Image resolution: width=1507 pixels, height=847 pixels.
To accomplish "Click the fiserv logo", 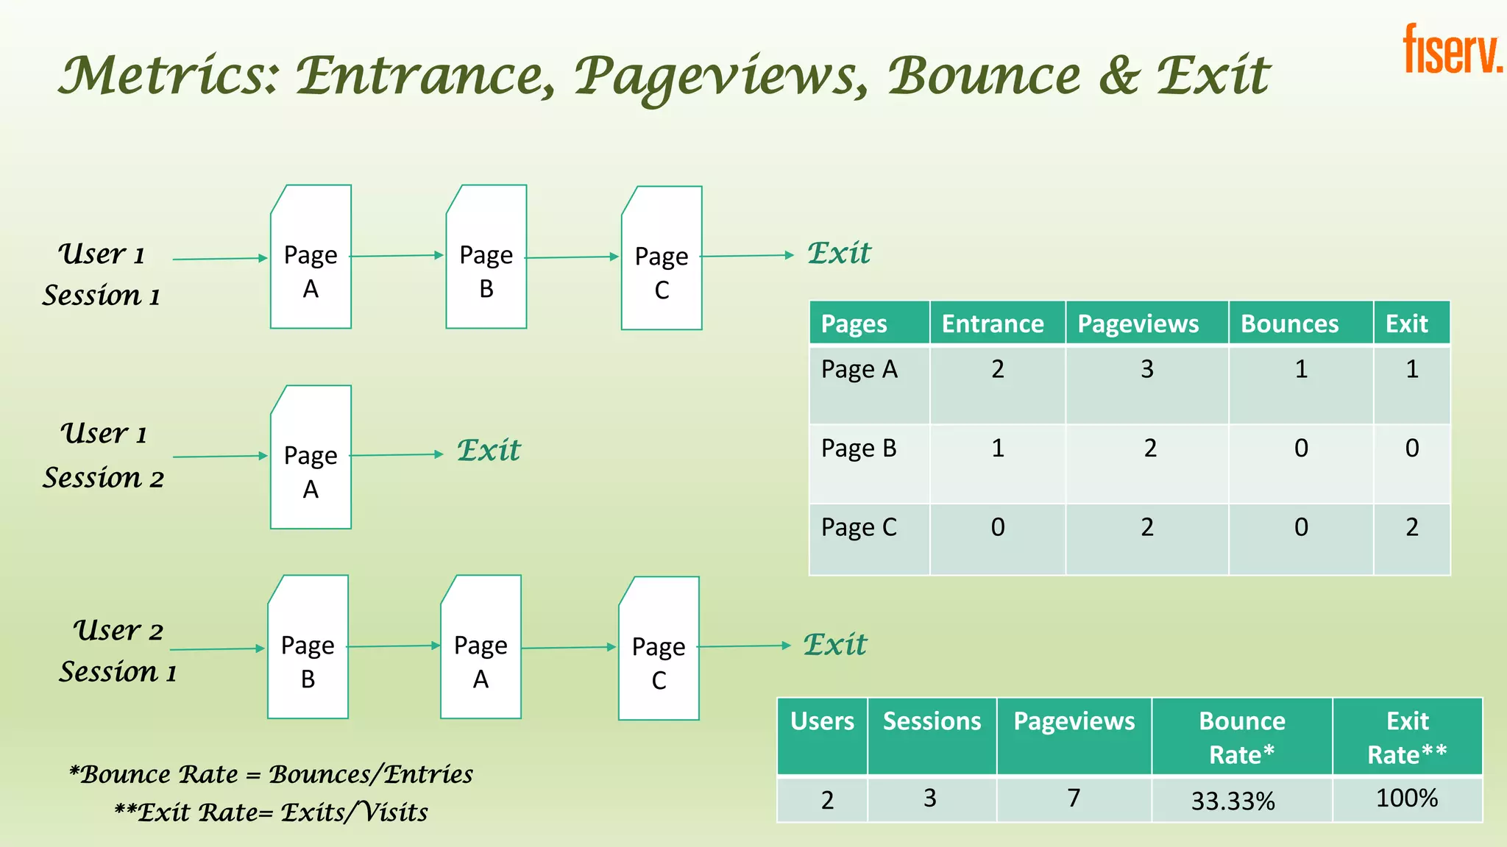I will click(x=1451, y=49).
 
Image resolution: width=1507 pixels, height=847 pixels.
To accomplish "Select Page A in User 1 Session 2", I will click(x=311, y=457).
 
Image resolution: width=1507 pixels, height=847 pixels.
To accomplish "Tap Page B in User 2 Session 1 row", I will click(x=308, y=648).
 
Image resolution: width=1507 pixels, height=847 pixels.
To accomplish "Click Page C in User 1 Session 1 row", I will click(x=662, y=259).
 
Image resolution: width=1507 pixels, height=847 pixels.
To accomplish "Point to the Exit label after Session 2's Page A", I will click(x=489, y=451).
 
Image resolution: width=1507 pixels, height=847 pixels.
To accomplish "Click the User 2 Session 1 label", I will click(x=118, y=651).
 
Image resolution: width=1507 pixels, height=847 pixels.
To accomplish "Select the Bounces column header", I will click(x=1289, y=324).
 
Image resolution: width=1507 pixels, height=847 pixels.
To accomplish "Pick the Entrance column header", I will click(x=993, y=324).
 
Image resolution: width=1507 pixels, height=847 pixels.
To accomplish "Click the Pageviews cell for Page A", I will click(x=1146, y=369).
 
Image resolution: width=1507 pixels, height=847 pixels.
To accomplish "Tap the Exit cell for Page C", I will click(x=1411, y=527).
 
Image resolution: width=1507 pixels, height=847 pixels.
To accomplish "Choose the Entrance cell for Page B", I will click(x=997, y=448).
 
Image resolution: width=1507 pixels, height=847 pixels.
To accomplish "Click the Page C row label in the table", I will click(x=859, y=528).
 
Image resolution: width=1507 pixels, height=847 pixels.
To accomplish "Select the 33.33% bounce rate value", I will click(x=1233, y=801).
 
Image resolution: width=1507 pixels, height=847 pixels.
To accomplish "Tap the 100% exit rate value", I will click(x=1406, y=798).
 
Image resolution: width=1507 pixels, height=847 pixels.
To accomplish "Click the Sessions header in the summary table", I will click(x=932, y=721).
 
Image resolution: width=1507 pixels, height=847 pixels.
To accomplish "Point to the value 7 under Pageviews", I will click(x=1074, y=798).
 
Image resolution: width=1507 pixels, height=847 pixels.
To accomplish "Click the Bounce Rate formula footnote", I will click(x=271, y=774).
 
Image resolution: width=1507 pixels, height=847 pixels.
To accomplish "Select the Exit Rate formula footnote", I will click(x=271, y=812).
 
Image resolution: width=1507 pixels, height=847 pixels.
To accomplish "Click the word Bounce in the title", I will click(x=983, y=76).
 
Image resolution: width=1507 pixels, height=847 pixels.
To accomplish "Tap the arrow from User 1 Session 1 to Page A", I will click(x=219, y=259).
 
